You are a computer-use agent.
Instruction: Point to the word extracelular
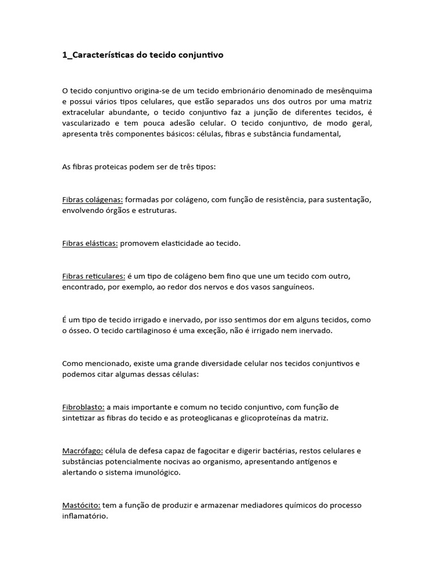pos(83,113)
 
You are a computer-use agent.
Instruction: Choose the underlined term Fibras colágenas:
pos(92,199)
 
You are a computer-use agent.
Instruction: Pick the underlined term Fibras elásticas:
pos(90,243)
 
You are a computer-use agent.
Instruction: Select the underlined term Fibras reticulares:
pos(93,276)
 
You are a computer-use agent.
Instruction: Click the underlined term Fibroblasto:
pos(83,407)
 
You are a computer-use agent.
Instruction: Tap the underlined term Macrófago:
pos(82,451)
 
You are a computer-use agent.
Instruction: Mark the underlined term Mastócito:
pos(82,505)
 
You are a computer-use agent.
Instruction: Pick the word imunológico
pos(152,472)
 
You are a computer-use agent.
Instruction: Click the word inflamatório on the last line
pos(84,516)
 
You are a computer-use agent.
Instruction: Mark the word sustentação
pos(348,199)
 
